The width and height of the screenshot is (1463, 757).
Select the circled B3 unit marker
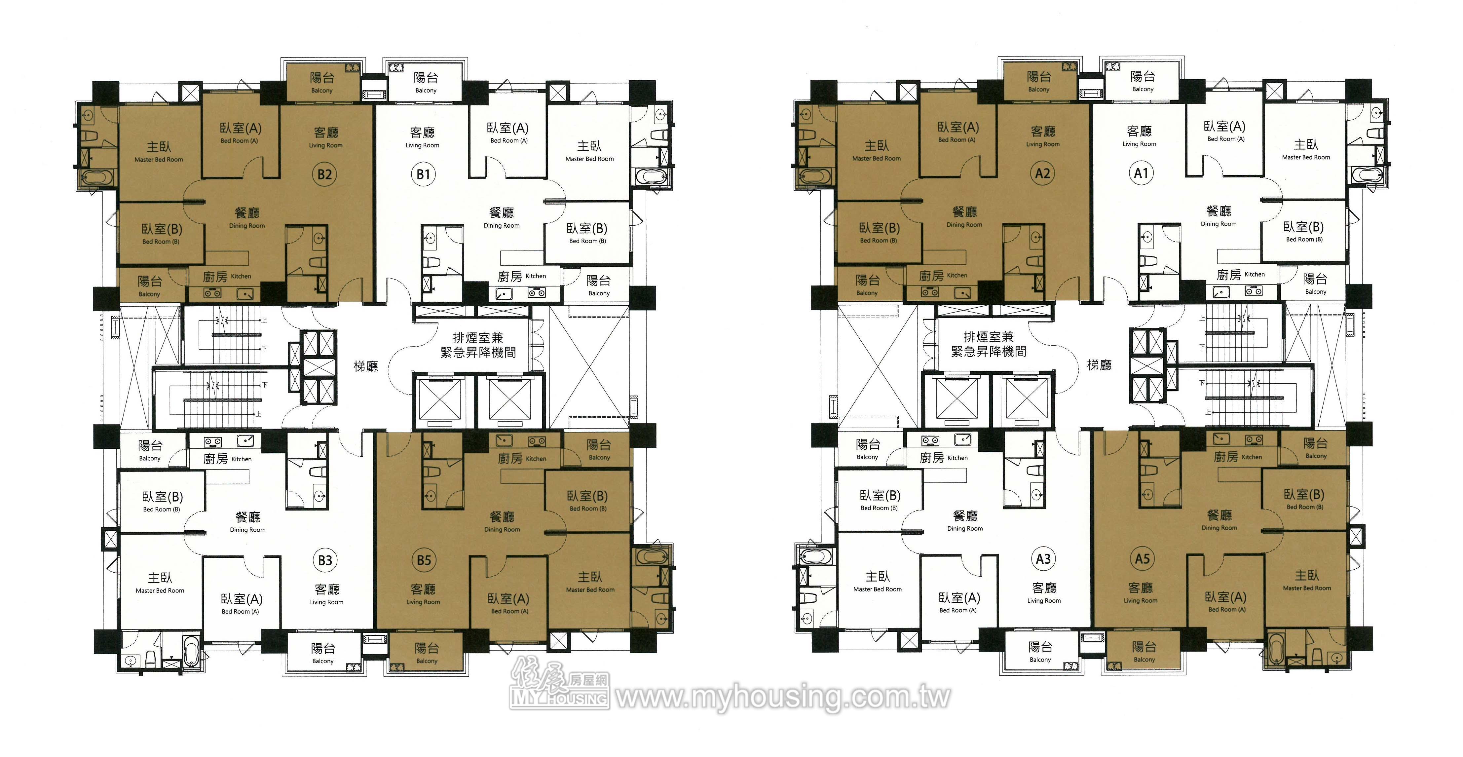325,560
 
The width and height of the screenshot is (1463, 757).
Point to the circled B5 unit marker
424,560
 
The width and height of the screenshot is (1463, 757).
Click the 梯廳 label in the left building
366,366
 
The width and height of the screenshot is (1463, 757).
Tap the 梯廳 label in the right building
1100,365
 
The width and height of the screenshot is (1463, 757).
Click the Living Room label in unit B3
326,602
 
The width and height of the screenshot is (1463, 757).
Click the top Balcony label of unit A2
1039,89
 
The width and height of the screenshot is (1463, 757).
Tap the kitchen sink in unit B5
504,441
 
